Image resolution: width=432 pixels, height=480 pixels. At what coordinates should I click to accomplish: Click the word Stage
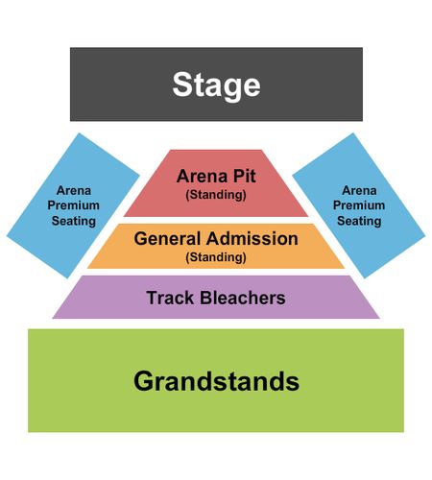[216, 85]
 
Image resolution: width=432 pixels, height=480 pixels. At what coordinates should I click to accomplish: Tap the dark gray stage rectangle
[216, 84]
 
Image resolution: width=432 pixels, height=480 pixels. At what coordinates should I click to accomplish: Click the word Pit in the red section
[244, 176]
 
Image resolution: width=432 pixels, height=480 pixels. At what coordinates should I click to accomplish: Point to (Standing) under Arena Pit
[216, 195]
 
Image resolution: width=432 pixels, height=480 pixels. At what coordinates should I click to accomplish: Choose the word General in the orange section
[167, 239]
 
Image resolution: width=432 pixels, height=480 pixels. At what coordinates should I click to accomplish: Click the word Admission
[252, 239]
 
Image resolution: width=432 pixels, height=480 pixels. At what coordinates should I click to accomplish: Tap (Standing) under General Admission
[216, 257]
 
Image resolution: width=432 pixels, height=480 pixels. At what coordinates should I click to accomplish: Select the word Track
[170, 298]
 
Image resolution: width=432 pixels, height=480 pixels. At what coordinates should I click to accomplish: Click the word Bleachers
[243, 298]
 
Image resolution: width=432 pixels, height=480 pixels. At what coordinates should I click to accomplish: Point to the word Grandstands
[216, 381]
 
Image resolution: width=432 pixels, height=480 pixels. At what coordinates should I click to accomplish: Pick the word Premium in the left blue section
[74, 205]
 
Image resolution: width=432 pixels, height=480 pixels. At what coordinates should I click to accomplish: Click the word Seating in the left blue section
[74, 221]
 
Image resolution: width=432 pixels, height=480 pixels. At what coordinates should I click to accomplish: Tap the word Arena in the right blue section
[359, 191]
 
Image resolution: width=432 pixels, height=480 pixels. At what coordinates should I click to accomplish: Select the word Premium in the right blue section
[359, 205]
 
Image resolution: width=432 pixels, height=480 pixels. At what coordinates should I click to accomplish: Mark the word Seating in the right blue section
[359, 221]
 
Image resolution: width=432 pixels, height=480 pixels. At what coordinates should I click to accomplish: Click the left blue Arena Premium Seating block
[73, 205]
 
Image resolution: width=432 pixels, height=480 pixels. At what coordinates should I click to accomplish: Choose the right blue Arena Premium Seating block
[359, 205]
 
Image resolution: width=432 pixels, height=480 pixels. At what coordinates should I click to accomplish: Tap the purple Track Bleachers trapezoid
[216, 297]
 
